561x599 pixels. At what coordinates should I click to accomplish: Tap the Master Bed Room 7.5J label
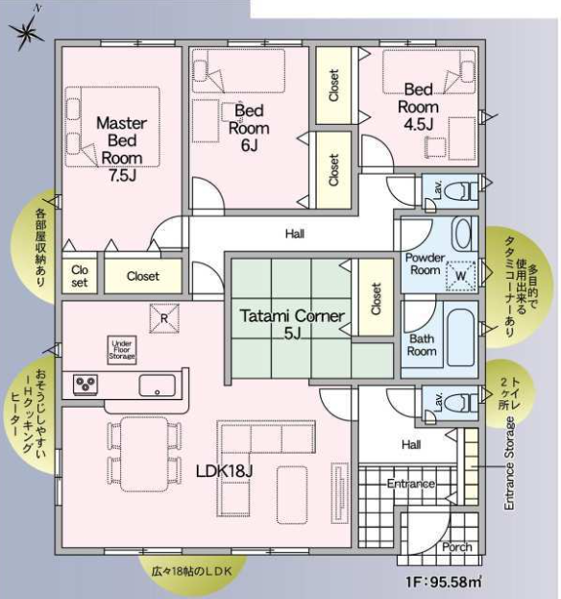[x=122, y=149]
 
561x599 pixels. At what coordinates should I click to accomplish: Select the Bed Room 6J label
[x=249, y=128]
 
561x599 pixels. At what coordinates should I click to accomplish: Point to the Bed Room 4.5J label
[x=418, y=107]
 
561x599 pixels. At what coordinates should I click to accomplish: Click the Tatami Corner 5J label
[x=292, y=324]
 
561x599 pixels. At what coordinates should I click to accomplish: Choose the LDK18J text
[x=224, y=471]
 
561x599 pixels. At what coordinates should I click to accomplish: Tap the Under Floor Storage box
[x=122, y=350]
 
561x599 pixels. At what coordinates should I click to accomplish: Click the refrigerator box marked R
[x=164, y=318]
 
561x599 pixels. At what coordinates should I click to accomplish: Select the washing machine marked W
[x=461, y=275]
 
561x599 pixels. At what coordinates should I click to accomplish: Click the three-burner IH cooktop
[x=85, y=384]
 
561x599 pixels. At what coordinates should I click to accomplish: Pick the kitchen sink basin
[x=157, y=385]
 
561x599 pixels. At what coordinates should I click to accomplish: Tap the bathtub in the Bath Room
[x=460, y=337]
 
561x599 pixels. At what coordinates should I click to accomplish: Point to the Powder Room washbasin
[x=463, y=234]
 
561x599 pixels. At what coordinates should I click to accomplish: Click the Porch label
[x=457, y=547]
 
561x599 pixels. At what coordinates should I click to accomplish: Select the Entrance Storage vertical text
[x=509, y=463]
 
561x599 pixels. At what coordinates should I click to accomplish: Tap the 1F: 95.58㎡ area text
[x=443, y=582]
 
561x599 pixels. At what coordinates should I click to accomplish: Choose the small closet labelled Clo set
[x=80, y=276]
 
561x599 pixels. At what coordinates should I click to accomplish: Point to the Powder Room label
[x=425, y=263]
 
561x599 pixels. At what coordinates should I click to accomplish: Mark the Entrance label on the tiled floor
[x=410, y=484]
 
